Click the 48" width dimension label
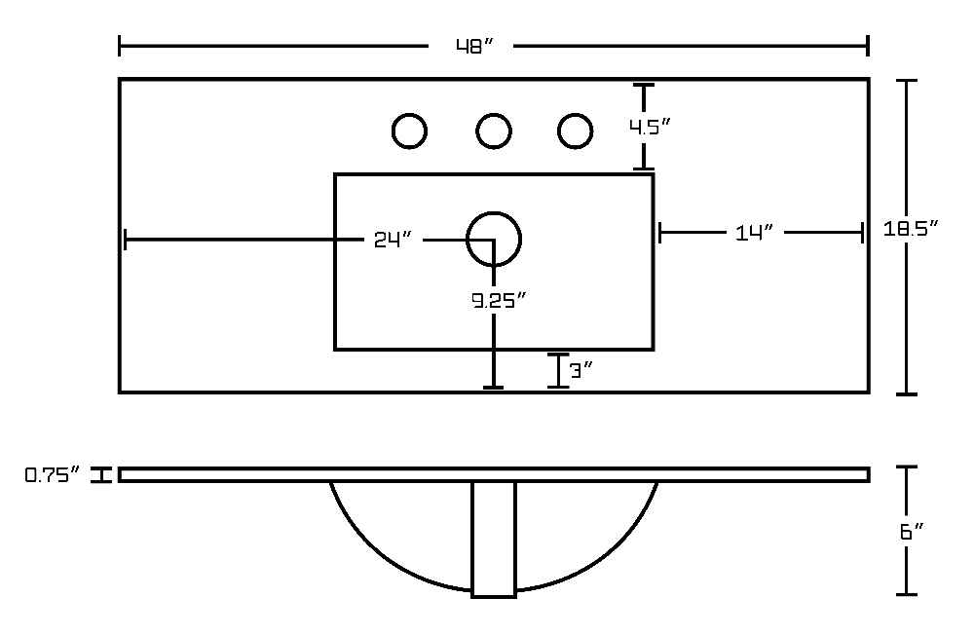(x=474, y=46)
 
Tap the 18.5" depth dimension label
(x=910, y=229)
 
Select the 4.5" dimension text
(x=650, y=127)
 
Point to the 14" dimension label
(x=754, y=233)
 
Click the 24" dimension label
(x=393, y=240)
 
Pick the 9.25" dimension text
(x=499, y=301)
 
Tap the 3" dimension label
(x=581, y=371)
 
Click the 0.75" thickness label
(x=53, y=475)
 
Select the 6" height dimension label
(x=912, y=532)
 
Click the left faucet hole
(x=409, y=114)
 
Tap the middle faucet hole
(x=494, y=114)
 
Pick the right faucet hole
(x=576, y=114)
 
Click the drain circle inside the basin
(x=494, y=213)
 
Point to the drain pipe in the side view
(x=494, y=540)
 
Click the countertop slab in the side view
(x=494, y=474)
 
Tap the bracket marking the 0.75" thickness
(x=100, y=474)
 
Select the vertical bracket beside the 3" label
(x=558, y=371)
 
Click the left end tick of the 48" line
(x=119, y=46)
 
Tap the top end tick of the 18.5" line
(x=907, y=81)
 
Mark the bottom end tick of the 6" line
(x=907, y=595)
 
